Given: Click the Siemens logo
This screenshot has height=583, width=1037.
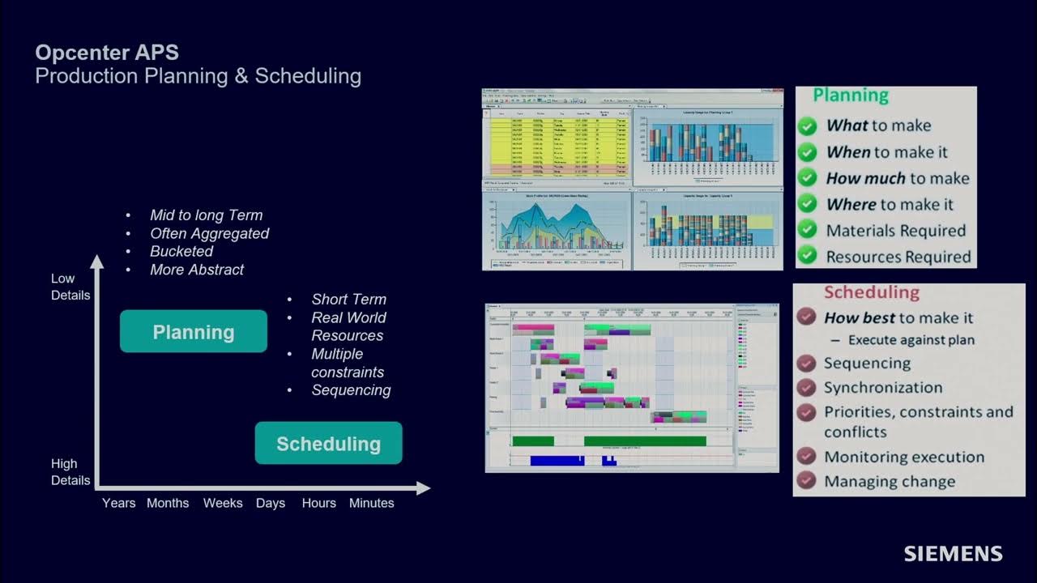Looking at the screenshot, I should click(x=953, y=554).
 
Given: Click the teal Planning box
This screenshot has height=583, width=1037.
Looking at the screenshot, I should click(x=194, y=332).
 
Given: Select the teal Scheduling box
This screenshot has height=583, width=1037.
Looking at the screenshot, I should click(x=328, y=444).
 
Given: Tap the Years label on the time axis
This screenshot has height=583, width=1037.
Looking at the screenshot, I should click(x=118, y=503).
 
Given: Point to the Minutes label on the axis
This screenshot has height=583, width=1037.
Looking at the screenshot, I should click(x=371, y=503).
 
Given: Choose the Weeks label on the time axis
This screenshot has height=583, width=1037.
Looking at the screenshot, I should click(x=223, y=503).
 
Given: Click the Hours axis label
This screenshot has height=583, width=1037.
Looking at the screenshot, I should click(x=318, y=503).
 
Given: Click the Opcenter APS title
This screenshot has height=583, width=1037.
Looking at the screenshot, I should click(x=107, y=53).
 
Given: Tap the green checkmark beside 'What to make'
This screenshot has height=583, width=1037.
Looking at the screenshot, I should click(x=807, y=126).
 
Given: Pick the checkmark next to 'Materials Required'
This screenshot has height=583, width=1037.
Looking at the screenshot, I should click(x=807, y=231).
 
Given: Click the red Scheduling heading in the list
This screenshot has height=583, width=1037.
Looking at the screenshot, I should click(x=871, y=292).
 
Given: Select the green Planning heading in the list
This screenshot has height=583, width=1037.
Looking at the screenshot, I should click(x=851, y=96).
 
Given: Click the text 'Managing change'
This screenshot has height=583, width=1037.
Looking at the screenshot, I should click(x=889, y=482).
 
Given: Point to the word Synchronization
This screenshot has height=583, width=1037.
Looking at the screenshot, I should click(x=883, y=387).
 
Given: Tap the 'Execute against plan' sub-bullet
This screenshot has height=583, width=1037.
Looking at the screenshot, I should click(x=911, y=340).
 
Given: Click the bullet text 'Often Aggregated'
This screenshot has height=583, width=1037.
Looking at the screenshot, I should click(x=209, y=233).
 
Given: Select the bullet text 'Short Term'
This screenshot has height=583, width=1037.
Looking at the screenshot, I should click(x=348, y=300).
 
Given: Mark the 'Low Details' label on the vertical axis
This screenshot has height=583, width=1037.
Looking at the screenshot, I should click(x=70, y=287).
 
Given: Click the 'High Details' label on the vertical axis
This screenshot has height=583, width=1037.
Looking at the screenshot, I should click(x=70, y=472).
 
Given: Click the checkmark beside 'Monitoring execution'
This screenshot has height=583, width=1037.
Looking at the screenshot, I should click(x=805, y=457).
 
